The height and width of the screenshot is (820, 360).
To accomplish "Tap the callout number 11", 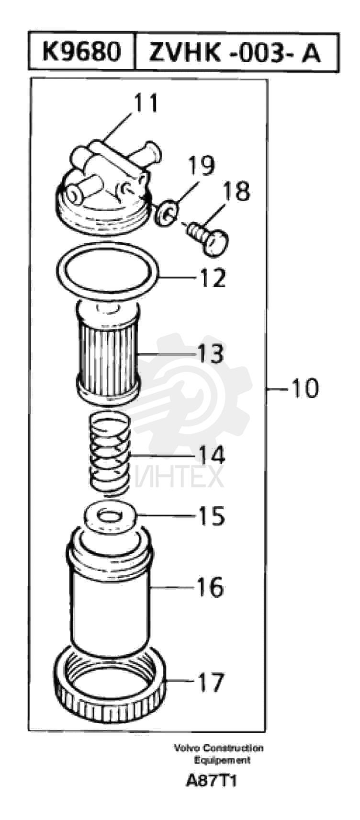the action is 145,103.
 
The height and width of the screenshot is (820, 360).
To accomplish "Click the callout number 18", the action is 236,190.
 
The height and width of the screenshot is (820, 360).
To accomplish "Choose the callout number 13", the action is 210,354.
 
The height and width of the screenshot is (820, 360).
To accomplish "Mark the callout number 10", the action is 304,388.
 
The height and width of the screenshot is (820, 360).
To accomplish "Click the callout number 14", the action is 211,454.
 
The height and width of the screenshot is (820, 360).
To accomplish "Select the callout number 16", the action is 210,587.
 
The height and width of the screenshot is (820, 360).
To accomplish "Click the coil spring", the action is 110,453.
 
